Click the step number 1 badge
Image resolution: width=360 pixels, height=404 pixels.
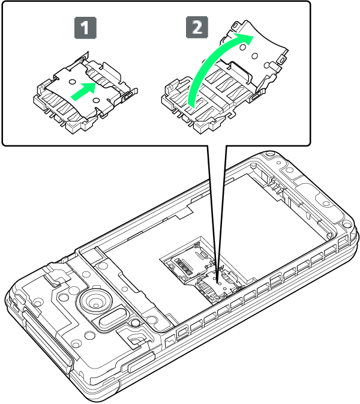pos(85,28)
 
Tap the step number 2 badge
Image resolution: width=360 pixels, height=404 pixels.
pos(197,27)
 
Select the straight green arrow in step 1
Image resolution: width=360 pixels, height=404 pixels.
pos(83,91)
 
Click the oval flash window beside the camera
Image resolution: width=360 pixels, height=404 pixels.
pos(112,318)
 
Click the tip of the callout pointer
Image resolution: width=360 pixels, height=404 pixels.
pos(218,282)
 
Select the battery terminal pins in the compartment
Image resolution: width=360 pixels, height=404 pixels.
pos(276,187)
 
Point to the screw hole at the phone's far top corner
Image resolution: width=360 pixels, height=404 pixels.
pos(269,155)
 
